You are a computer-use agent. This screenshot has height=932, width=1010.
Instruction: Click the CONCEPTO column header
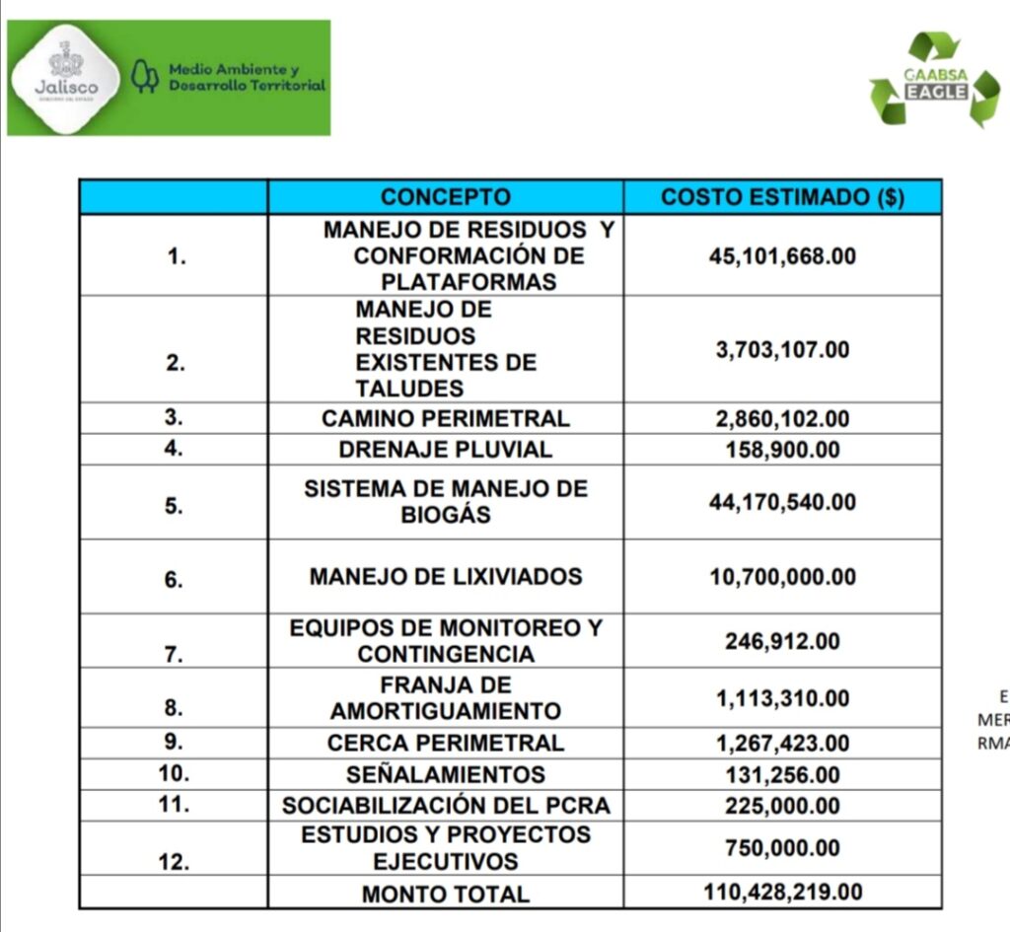[445, 196]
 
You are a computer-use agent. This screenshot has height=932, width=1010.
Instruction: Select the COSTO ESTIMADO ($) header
[782, 196]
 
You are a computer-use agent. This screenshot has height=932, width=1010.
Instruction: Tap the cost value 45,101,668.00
[782, 256]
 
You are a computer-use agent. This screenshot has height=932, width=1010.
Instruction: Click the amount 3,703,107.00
[782, 350]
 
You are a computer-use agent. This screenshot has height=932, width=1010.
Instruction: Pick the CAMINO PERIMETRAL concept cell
[445, 418]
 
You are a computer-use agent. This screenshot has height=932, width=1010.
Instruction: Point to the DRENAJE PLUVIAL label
[445, 450]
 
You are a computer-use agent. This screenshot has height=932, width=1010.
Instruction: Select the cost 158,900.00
[782, 450]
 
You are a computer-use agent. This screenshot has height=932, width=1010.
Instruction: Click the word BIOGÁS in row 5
[445, 515]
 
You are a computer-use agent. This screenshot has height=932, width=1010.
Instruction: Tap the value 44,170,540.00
[782, 502]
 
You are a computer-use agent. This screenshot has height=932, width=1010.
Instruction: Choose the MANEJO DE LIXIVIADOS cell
[445, 576]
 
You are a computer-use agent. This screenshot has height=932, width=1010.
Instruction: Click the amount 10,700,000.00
[782, 576]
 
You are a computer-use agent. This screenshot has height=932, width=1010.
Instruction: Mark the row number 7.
[175, 654]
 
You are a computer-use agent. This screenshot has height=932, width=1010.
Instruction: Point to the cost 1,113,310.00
[782, 698]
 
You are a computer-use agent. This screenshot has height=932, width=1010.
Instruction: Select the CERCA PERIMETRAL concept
[445, 743]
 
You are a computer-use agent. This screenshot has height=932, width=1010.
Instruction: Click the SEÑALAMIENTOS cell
[445, 774]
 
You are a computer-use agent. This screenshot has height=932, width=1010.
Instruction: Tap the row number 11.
[175, 804]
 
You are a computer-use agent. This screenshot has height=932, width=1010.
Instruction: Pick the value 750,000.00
[782, 848]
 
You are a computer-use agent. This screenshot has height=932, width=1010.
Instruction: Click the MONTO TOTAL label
[445, 895]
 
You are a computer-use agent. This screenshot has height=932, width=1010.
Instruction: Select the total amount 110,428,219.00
[782, 893]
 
